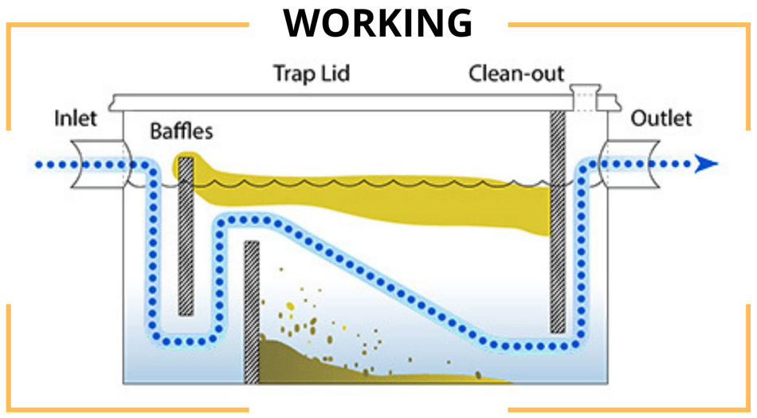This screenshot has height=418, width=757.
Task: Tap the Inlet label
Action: pos(75,119)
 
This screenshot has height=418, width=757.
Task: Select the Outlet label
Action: pos(661,119)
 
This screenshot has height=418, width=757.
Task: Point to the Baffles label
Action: pos(182,131)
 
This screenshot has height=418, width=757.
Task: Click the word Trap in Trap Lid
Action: pos(291,74)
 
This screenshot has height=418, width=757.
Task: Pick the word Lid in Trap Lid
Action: pos(335,74)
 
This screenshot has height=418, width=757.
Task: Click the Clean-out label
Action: pos(516,74)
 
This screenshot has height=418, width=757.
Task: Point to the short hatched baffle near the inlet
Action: pos(186,235)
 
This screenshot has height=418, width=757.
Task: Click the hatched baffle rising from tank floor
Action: pos(252,311)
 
